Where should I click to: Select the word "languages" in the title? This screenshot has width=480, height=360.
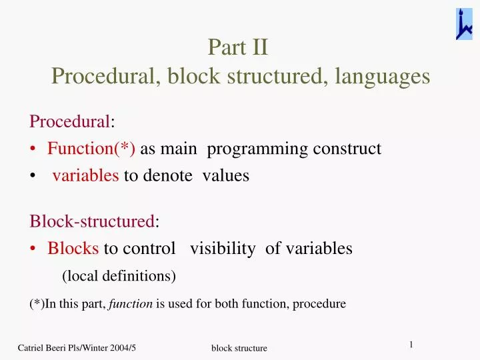click(x=383, y=77)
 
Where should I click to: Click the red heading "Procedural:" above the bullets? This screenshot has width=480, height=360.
click(x=72, y=121)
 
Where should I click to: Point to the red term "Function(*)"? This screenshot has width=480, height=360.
click(x=91, y=148)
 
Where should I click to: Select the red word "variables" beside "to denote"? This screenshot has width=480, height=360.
click(x=86, y=175)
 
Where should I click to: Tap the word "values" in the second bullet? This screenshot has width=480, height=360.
click(x=226, y=175)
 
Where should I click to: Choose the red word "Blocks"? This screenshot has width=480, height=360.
click(x=73, y=249)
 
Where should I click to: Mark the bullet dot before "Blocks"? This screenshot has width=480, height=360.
click(x=33, y=249)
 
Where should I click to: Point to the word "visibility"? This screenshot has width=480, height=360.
click(x=223, y=249)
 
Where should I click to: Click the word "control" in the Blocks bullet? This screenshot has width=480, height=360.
click(x=148, y=249)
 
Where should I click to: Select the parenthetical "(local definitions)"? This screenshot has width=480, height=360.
click(x=119, y=275)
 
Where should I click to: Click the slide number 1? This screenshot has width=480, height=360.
click(x=411, y=344)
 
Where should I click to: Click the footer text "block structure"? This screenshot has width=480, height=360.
click(x=239, y=348)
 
